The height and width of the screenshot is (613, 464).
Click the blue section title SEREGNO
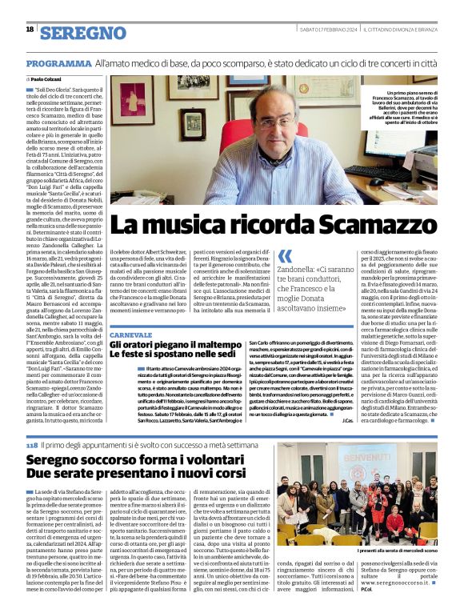pos(82,32)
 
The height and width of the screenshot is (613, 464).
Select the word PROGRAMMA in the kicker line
pos(58,62)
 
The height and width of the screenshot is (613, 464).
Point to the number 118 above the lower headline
pos(31,444)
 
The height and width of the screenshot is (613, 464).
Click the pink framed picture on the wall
pos(133,99)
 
